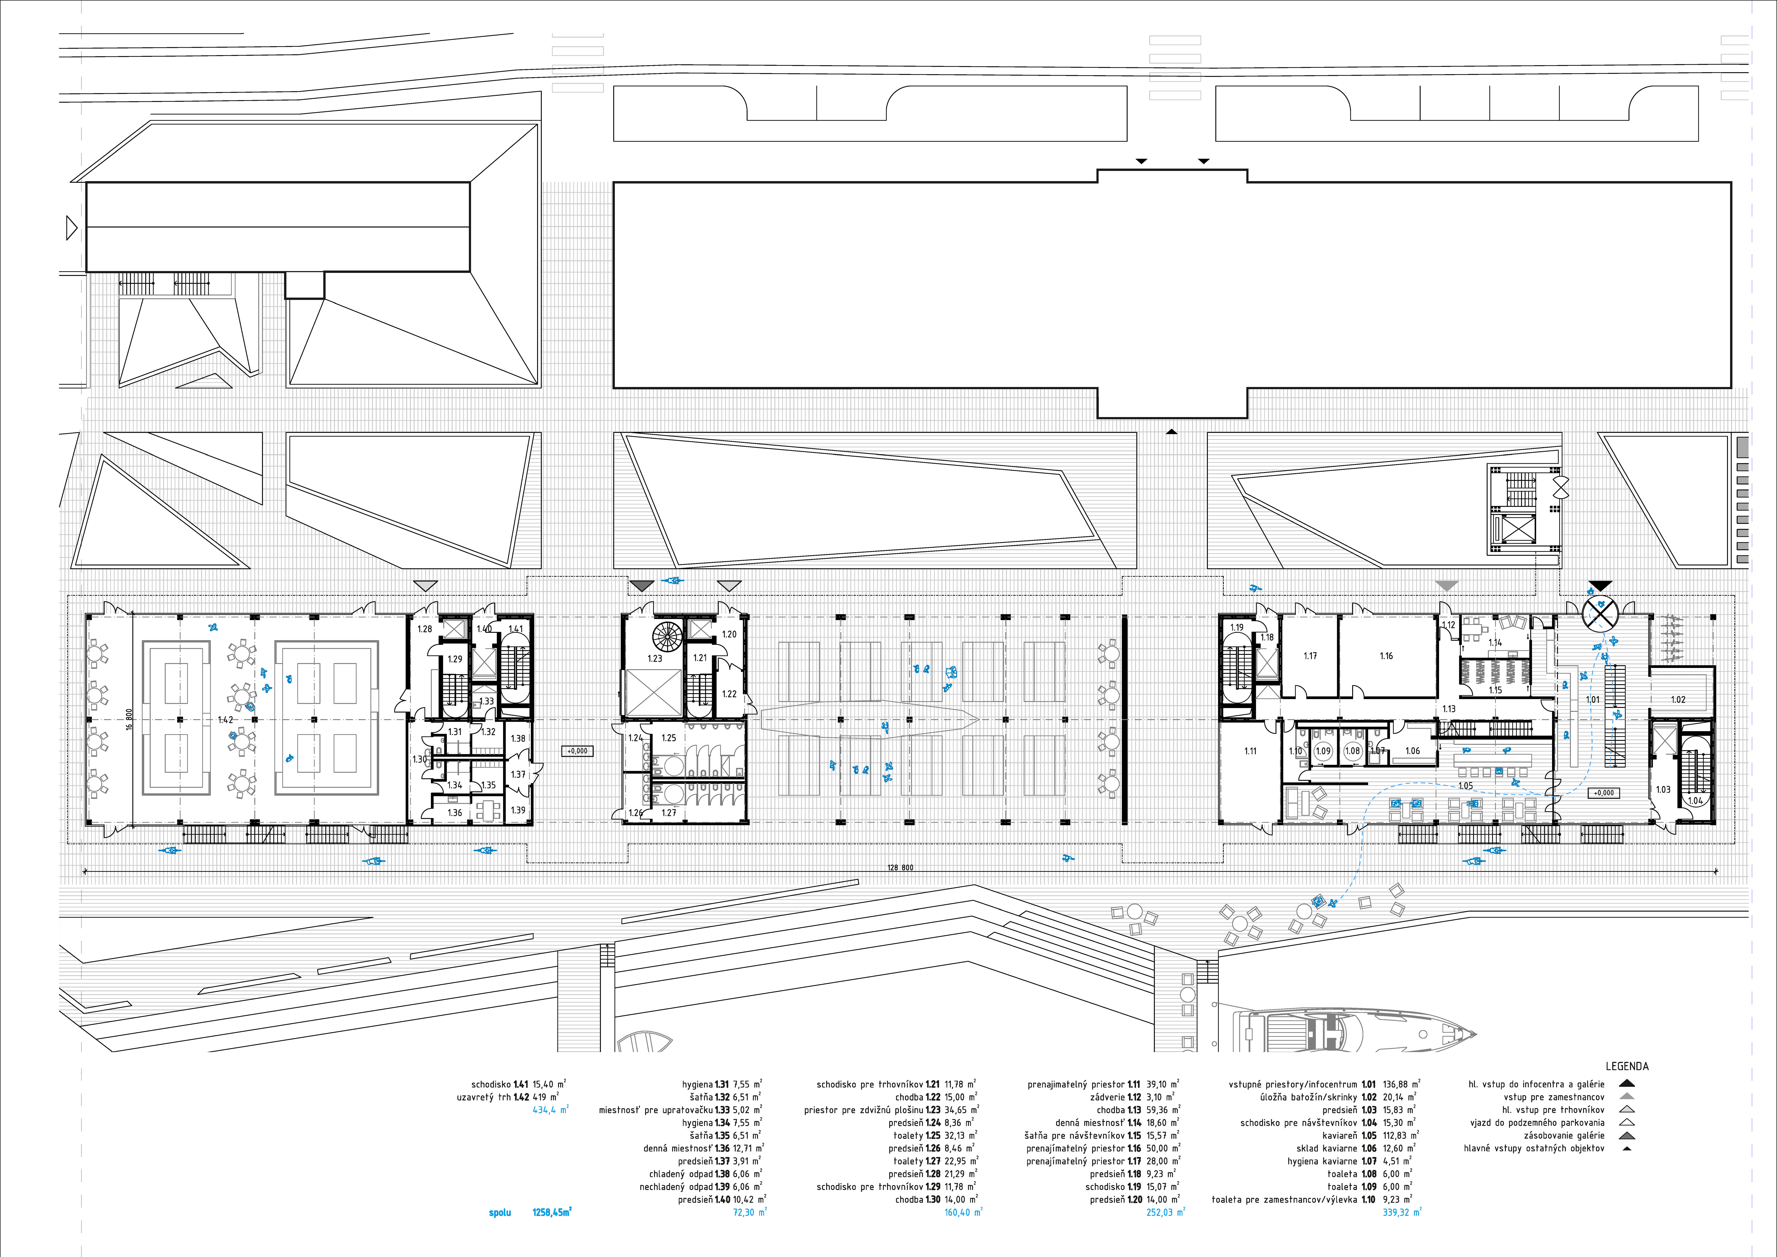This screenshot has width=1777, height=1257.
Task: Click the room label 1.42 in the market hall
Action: click(x=225, y=720)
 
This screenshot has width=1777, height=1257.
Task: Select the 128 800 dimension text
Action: click(x=900, y=868)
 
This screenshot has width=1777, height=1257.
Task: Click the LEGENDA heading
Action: click(x=1627, y=1066)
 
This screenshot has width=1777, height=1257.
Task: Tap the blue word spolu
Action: click(x=500, y=1212)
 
